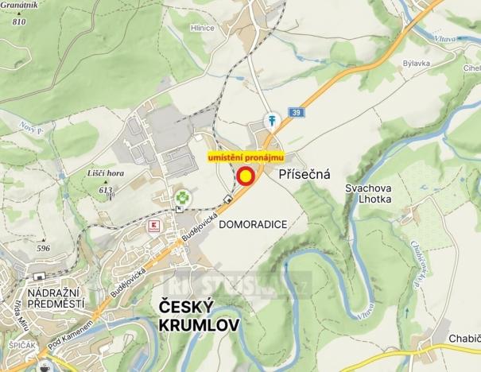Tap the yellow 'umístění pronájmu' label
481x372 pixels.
[245, 158]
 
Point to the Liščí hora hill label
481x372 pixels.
[105, 172]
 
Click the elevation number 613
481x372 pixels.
[105, 190]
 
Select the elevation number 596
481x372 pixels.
[43, 248]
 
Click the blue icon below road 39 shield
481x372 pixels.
[272, 121]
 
